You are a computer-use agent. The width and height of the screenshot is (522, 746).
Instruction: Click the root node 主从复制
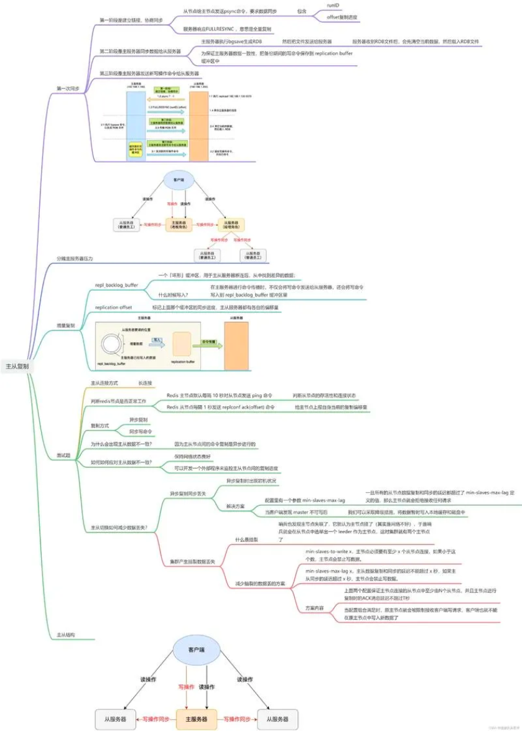point(16,366)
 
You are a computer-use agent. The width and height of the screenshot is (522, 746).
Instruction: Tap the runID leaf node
point(335,4)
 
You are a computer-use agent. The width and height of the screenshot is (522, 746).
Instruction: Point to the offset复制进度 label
point(343,17)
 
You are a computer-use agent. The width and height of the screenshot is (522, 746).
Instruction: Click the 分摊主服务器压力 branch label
point(74,258)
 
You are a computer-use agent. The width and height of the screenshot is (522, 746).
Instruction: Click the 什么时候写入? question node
point(174,294)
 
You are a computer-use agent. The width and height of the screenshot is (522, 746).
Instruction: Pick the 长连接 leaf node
point(145,383)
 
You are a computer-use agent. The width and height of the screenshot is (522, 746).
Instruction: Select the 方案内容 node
point(314,607)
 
